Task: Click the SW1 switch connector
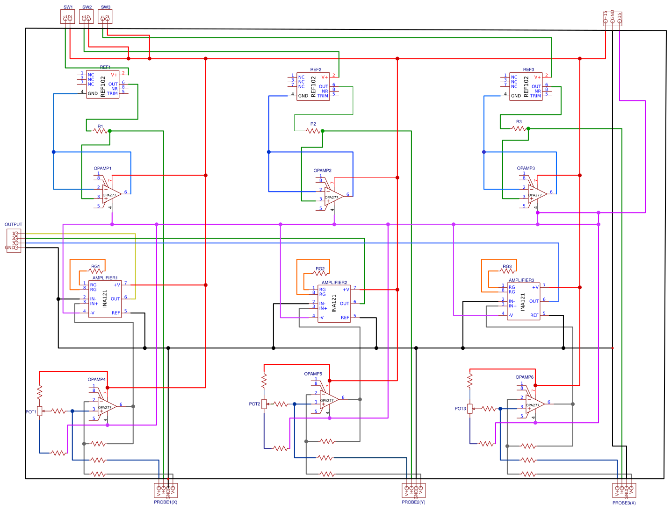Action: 68,17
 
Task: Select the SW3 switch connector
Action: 105,17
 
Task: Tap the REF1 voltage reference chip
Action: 102,85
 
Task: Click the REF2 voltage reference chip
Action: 313,87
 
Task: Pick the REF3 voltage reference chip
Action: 526,87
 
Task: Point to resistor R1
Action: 101,131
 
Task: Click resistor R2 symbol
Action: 313,131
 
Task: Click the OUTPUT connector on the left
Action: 14,241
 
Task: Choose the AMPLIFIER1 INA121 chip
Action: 105,299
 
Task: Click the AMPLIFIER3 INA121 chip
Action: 523,301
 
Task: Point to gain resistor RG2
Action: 320,273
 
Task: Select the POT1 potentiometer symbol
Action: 40,411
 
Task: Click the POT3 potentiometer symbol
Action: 470,409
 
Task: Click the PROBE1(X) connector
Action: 166,490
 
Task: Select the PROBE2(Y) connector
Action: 413,490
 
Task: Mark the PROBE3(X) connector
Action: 624,490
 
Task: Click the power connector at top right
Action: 613,19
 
